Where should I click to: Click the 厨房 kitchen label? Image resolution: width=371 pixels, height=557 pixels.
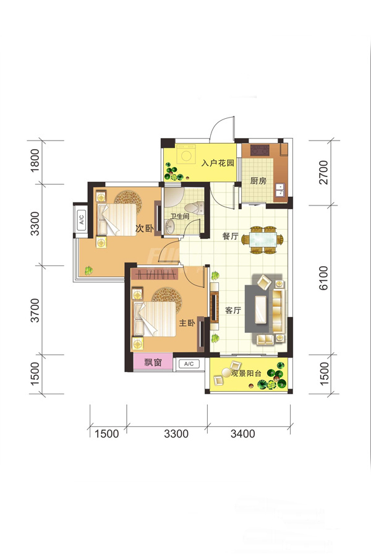(258, 181)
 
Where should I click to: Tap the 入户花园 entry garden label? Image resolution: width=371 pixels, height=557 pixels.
(218, 163)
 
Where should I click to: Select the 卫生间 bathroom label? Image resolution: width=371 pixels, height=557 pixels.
(179, 216)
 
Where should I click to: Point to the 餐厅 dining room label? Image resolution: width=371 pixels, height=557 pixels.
(230, 236)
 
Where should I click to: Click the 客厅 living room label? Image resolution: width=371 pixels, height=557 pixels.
(233, 310)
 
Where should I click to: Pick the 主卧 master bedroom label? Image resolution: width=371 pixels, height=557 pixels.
(187, 323)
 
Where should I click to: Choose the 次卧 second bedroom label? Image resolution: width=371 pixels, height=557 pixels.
(145, 228)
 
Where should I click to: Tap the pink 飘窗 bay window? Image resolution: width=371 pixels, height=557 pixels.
(153, 362)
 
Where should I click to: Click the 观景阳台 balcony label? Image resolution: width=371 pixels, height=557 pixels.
(246, 373)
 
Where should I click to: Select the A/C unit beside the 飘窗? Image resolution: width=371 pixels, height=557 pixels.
(189, 364)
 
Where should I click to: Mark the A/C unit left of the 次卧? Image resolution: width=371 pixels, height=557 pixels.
(81, 218)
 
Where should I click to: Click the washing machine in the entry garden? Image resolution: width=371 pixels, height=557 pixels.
(186, 155)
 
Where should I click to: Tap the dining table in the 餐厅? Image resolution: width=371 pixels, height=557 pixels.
(263, 240)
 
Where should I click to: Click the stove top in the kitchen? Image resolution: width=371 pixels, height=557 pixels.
(260, 150)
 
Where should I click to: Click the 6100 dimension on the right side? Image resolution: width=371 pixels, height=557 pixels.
(323, 278)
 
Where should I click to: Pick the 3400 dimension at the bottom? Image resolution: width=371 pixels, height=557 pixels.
(243, 433)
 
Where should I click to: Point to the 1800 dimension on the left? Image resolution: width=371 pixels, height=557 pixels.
(35, 160)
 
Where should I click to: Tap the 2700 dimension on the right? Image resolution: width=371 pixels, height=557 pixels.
(323, 173)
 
